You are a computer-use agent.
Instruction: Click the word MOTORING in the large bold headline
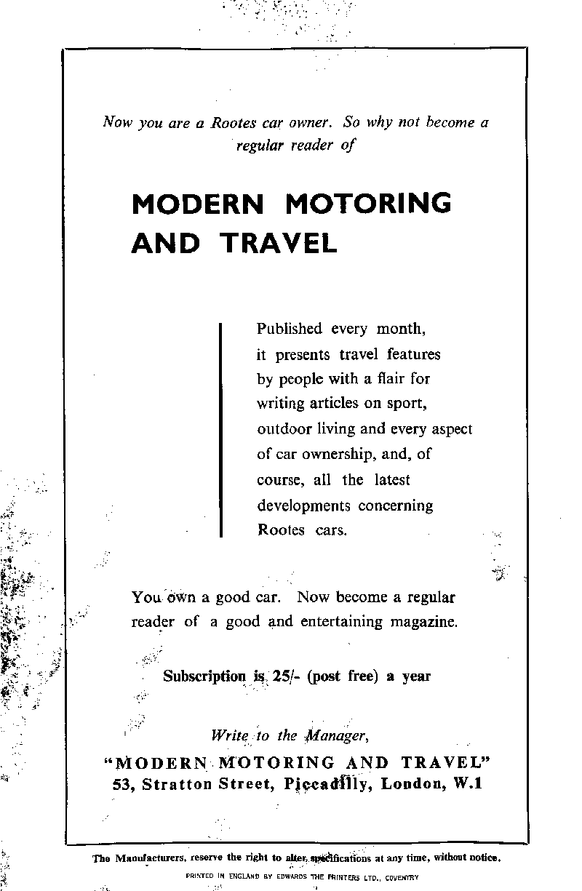[x=368, y=204]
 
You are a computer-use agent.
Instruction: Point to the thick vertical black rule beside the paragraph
[x=220, y=430]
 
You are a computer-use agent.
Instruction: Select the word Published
[x=289, y=329]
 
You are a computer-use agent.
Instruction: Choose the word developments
[x=303, y=506]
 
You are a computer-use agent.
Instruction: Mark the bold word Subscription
[x=204, y=676]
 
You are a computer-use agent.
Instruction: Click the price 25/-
[x=284, y=676]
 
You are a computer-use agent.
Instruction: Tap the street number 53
[x=121, y=784]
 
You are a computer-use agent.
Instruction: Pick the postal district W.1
[x=466, y=784]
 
